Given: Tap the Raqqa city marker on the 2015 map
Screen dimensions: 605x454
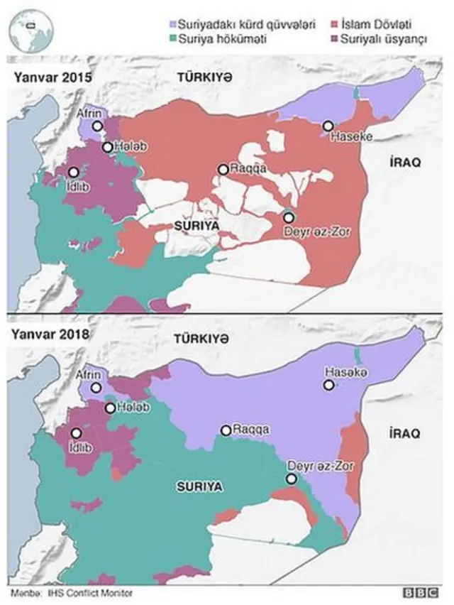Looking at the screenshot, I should click(x=223, y=169).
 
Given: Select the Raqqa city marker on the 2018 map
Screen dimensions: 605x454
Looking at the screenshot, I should click(x=226, y=430).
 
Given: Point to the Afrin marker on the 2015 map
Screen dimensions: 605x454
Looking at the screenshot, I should click(x=98, y=126).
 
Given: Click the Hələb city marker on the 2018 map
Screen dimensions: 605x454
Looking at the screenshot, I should click(x=109, y=408).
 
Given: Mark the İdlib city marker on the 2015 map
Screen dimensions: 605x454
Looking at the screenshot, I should click(x=73, y=171).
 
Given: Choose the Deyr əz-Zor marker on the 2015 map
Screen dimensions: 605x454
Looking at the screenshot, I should click(x=289, y=217).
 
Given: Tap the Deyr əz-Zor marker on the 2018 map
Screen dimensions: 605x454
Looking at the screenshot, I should click(x=291, y=479).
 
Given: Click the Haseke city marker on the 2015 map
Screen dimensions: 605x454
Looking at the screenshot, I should click(x=328, y=126).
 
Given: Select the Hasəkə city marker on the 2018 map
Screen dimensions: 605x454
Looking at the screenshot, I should click(x=329, y=385).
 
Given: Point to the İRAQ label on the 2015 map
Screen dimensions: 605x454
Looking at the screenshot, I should click(x=405, y=163).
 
